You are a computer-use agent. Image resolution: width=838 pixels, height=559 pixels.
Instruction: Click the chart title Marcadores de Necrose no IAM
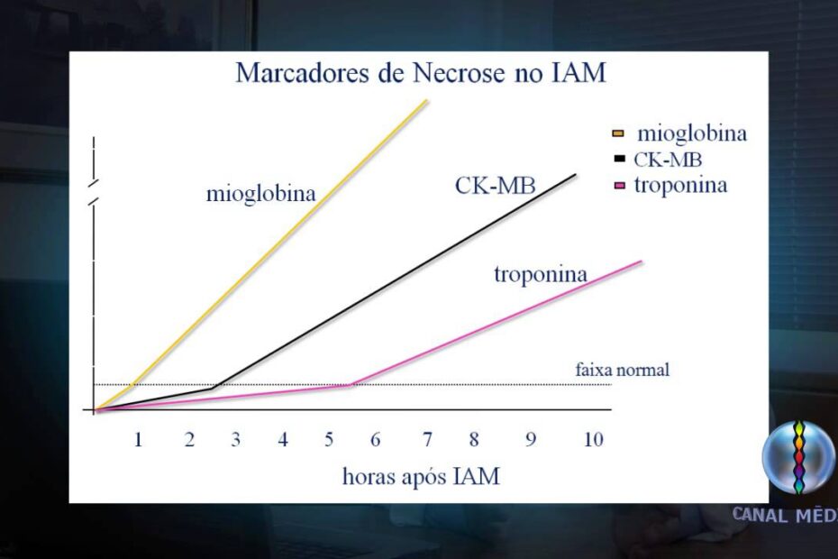421,73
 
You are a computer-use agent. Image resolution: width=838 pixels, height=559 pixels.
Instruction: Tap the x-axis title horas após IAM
421,476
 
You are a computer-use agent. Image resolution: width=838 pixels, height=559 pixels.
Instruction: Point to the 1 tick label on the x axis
138,440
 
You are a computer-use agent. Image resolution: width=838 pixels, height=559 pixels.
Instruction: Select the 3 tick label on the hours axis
236,440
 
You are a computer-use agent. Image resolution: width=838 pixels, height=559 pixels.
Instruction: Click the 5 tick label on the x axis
329,440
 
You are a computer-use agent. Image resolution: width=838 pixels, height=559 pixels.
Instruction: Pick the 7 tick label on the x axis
427,440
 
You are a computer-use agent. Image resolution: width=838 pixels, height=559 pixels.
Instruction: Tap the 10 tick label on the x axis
593,440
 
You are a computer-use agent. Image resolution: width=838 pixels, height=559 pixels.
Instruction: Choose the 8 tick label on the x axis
474,440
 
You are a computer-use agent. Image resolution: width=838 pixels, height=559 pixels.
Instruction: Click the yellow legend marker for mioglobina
618,133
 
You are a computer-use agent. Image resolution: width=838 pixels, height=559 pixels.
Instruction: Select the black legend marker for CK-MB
620,159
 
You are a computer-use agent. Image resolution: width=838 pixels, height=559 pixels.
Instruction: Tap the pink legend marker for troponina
620,186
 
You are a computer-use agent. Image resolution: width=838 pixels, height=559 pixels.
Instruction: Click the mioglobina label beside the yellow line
260,194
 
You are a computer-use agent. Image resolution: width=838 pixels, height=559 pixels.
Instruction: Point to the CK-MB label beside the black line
495,186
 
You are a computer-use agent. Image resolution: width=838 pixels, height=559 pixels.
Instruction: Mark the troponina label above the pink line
541,274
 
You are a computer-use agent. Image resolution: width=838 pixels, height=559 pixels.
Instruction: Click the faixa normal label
622,370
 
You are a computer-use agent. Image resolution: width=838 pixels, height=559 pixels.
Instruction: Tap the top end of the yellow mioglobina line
427,100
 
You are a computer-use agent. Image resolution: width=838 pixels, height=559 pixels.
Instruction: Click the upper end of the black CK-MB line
575,174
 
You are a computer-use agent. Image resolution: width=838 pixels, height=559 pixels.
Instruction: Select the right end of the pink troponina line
642,261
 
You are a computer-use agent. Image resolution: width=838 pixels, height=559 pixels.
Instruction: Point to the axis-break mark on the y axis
95,191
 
